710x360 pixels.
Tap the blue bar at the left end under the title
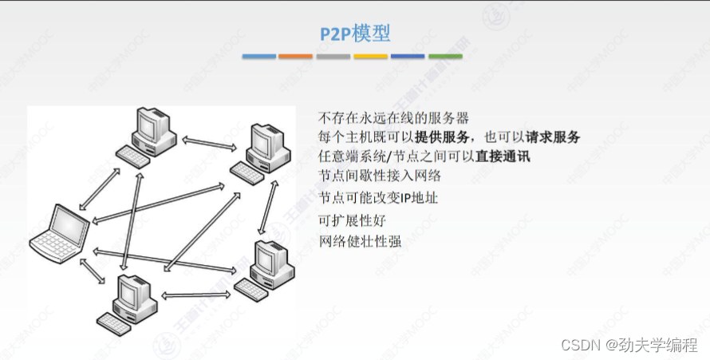pos(258,57)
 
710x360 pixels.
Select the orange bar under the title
pos(296,57)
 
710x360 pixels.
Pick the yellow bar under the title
pos(370,57)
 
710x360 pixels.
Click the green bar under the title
pos(445,57)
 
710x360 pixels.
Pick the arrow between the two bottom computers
pos(195,295)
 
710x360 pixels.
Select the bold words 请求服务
pos(552,136)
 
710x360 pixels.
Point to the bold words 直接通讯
pos(503,156)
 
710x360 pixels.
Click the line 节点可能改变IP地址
pos(378,197)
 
